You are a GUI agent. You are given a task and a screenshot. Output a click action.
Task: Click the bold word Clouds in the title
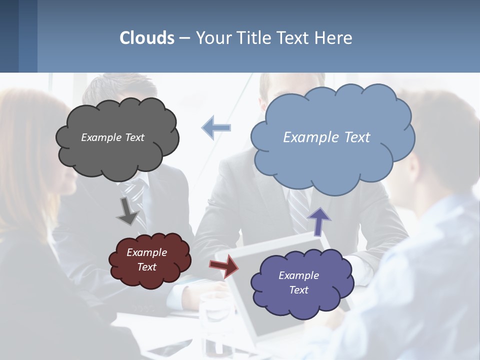[x=147, y=38]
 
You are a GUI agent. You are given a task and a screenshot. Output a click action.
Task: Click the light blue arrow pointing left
[x=216, y=127]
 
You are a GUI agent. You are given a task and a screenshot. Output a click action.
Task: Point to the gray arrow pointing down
[x=127, y=210]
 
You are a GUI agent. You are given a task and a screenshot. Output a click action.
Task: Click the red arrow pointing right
[x=224, y=265]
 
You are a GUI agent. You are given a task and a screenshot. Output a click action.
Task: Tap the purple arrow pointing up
[x=319, y=221]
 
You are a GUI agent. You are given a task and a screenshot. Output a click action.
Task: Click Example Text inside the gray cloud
[x=112, y=137]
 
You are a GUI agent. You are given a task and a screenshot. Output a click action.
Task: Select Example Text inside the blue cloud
[x=326, y=137]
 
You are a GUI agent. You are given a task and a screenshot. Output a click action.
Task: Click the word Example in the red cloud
[x=146, y=252]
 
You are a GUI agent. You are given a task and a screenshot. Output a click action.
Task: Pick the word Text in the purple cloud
[x=298, y=290]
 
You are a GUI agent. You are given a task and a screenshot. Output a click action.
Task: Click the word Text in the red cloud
[x=146, y=267]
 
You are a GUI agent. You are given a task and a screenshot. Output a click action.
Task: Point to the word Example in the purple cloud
[x=298, y=275]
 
